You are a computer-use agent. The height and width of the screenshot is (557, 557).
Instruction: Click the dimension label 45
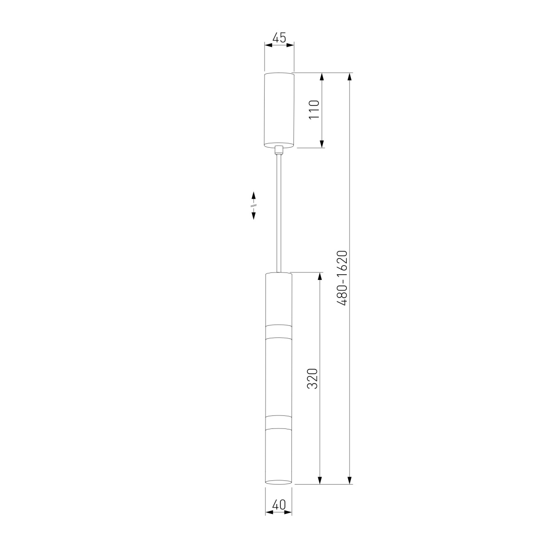point(279,38)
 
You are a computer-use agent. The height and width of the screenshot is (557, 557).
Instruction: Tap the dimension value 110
point(314,109)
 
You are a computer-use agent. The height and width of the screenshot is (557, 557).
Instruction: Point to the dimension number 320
point(312,379)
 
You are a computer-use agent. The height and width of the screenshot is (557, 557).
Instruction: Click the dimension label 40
point(278,505)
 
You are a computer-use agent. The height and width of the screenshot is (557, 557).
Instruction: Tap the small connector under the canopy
point(279,150)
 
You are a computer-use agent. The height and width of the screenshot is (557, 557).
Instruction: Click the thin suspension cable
point(278,213)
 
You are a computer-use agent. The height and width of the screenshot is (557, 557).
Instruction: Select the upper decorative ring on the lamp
point(278,331)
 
